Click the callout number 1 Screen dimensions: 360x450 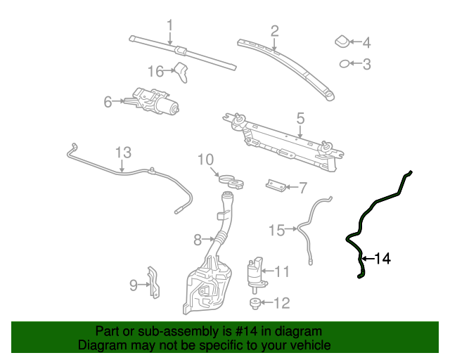(x=169, y=26)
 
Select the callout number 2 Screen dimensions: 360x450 (x=274, y=30)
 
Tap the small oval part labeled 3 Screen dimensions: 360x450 (x=345, y=65)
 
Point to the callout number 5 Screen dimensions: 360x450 (x=300, y=118)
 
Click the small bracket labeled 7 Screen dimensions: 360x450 (x=276, y=186)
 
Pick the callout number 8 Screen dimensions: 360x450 (x=198, y=240)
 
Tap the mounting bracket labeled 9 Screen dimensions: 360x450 (x=153, y=283)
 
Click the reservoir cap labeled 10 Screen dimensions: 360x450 (x=231, y=181)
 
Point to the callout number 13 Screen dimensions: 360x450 (x=123, y=153)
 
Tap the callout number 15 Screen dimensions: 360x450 (x=277, y=229)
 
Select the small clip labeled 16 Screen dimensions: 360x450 (x=183, y=71)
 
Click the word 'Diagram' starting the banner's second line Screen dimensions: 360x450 (x=101, y=345)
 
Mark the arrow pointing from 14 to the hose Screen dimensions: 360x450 (x=368, y=259)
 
